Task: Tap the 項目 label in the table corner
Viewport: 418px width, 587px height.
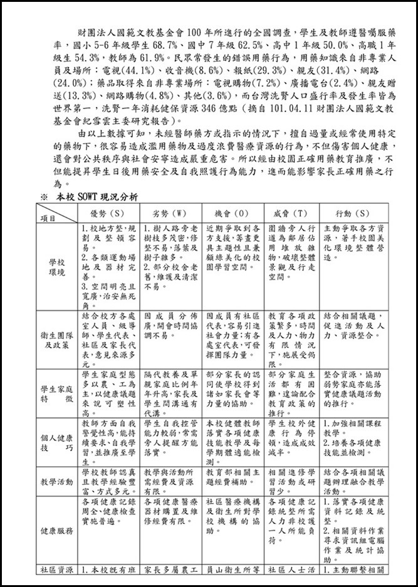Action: coord(48,218)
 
